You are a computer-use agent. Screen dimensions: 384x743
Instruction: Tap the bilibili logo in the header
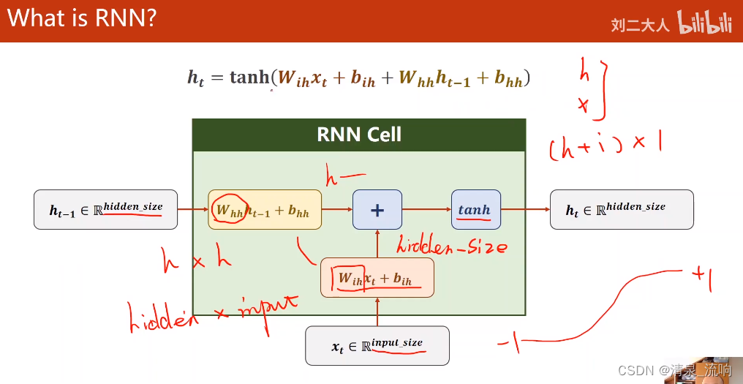coord(704,22)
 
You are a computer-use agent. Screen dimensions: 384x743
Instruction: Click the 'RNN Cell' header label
coord(359,135)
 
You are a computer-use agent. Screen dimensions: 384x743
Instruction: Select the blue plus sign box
coord(377,210)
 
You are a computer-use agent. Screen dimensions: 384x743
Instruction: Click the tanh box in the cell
coord(475,210)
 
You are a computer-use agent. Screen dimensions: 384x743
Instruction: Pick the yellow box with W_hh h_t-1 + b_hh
coord(265,210)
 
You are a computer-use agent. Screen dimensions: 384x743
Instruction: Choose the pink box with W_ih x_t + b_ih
coord(377,279)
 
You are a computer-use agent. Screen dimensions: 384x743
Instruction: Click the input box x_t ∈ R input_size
coord(377,345)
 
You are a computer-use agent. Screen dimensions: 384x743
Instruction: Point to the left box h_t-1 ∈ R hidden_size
coord(106,210)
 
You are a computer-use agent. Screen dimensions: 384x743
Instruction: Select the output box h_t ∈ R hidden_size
coord(622,210)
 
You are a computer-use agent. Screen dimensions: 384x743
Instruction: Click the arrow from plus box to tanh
coord(426,210)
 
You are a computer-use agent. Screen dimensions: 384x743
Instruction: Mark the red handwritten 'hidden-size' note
coord(451,246)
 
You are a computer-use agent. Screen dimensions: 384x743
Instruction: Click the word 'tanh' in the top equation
coord(249,77)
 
